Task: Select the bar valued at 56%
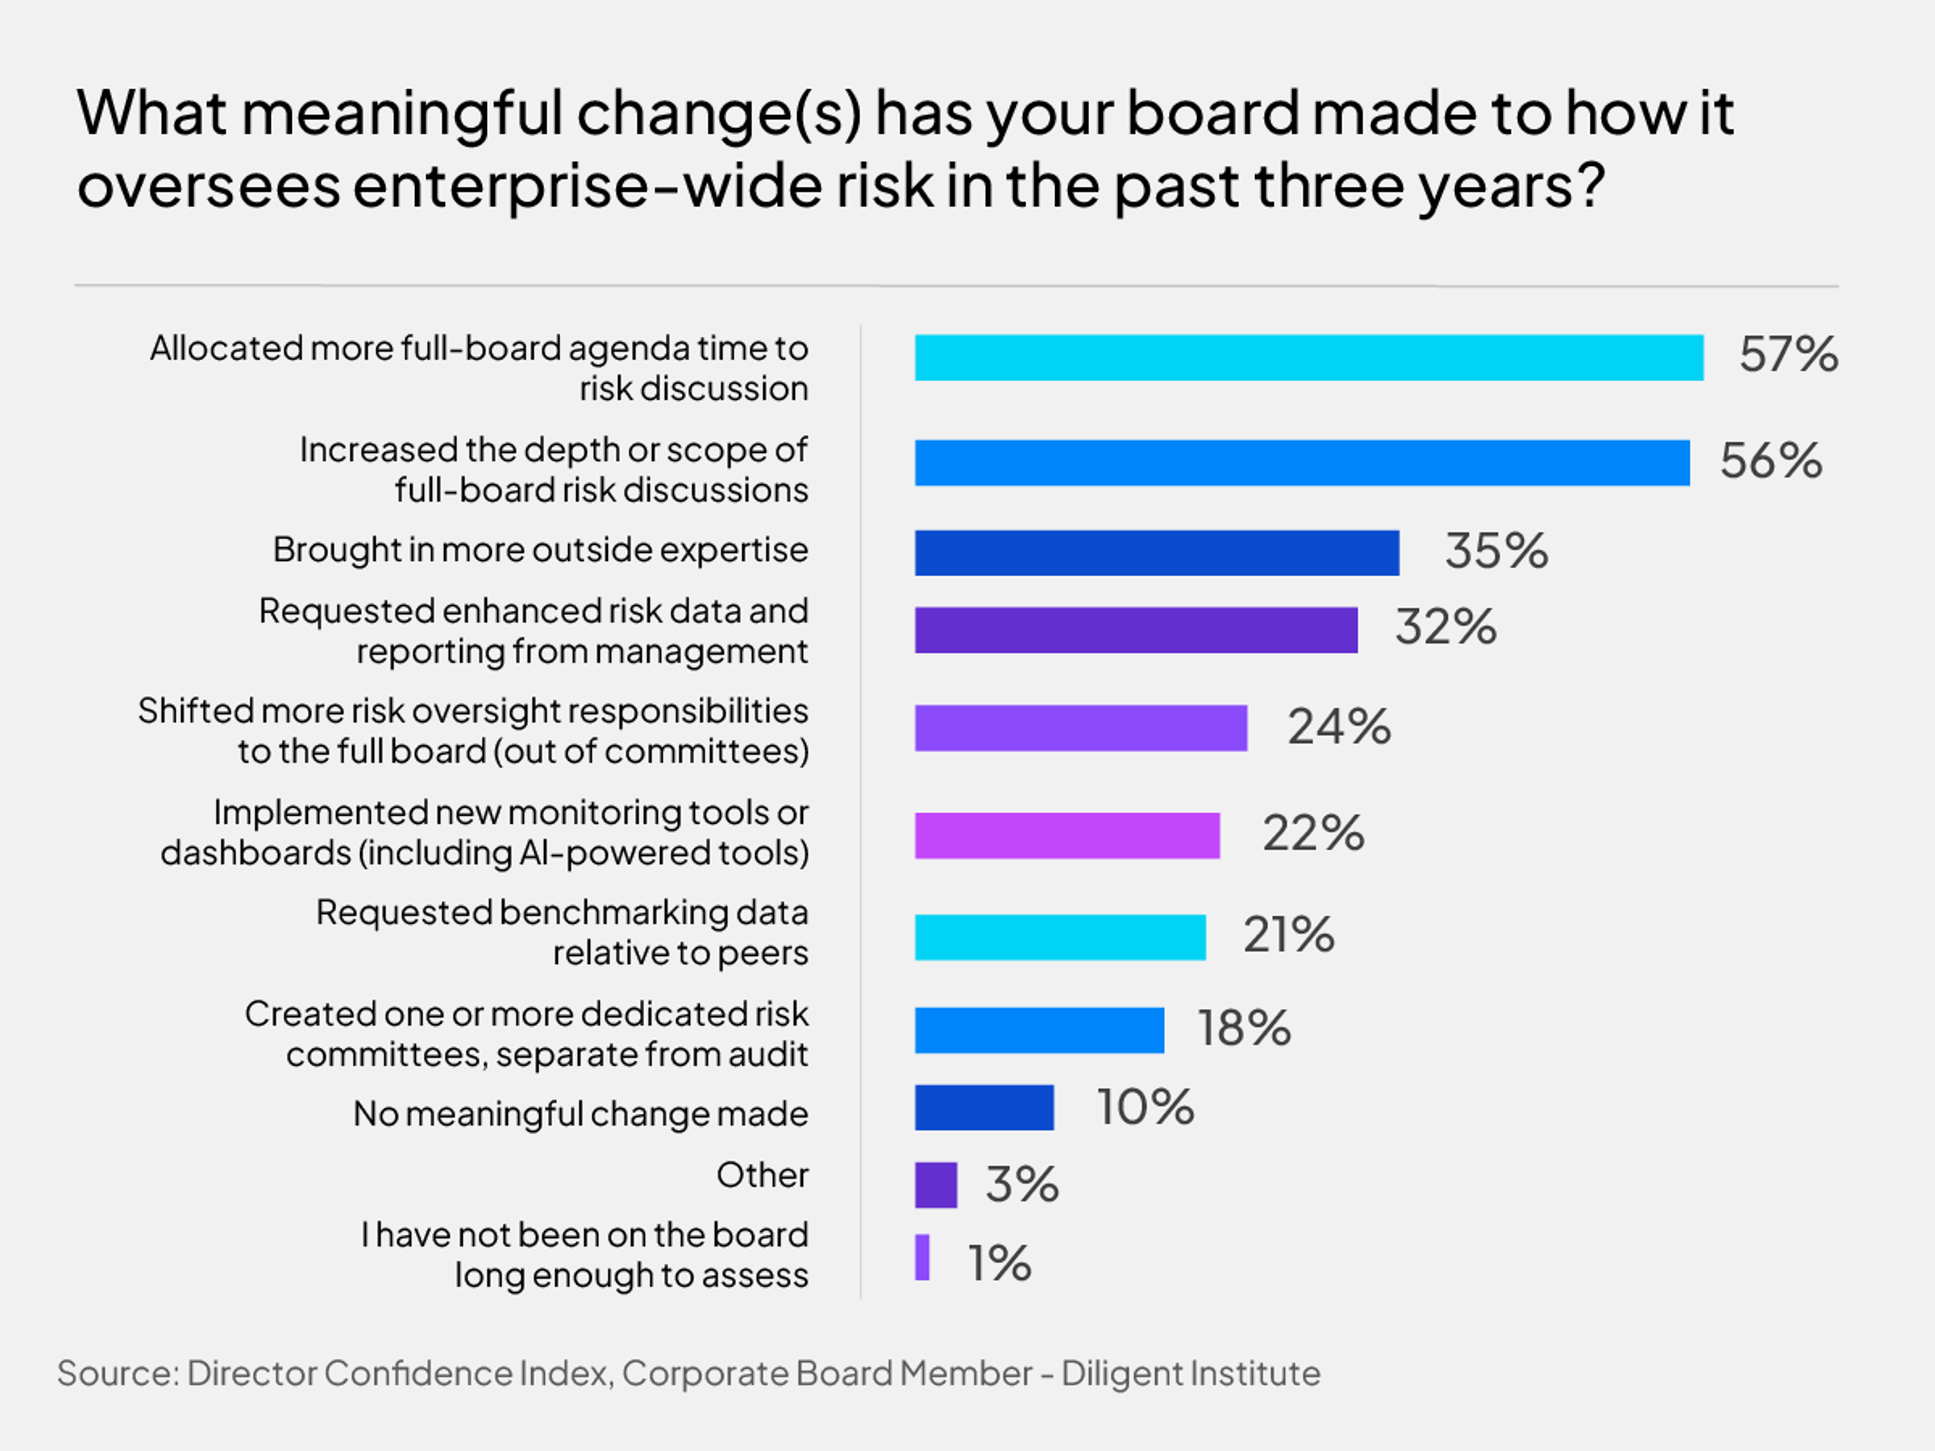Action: coord(1302,463)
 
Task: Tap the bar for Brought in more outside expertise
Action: coord(1156,553)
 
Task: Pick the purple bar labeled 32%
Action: coord(1135,630)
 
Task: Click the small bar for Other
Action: coord(935,1185)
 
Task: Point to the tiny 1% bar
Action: coord(922,1258)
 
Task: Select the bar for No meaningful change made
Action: coord(984,1107)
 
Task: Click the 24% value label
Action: coord(1338,727)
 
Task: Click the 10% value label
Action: coord(1145,1107)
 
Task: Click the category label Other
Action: coord(762,1174)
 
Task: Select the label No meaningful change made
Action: coord(580,1113)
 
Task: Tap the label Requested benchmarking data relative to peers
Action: coord(562,933)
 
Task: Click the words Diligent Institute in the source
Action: coord(1190,1373)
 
